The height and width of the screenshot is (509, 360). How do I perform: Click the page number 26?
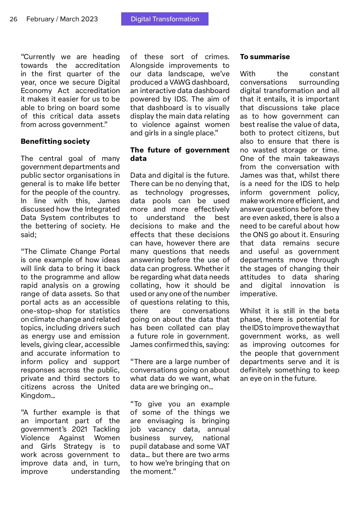point(13,19)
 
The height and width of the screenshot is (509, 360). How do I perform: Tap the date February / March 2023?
point(62,19)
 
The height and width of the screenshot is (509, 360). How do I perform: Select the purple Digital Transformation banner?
point(165,19)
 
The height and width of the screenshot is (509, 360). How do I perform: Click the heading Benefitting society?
point(55,141)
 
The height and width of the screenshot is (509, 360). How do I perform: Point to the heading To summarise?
point(265,57)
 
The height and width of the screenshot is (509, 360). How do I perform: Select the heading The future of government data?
point(180,154)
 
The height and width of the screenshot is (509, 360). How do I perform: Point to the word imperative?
point(258,294)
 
